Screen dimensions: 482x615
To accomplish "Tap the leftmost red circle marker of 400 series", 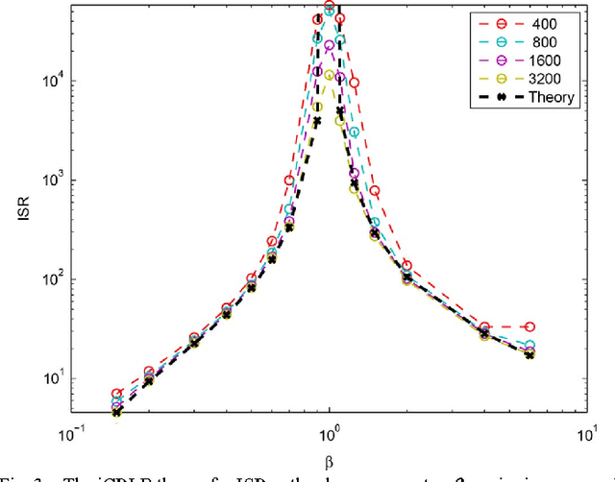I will [x=117, y=394].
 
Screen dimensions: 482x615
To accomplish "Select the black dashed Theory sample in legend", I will [x=490, y=97].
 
